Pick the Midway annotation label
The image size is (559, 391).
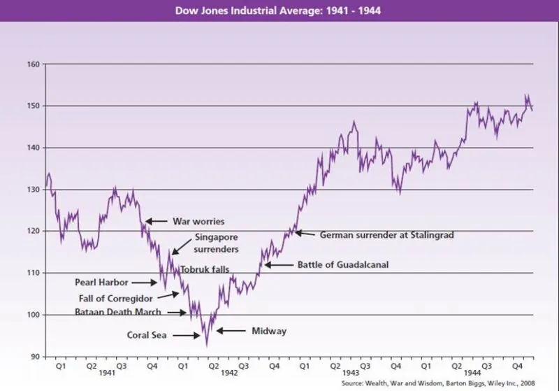269,331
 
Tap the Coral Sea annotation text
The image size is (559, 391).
147,335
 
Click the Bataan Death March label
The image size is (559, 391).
118,312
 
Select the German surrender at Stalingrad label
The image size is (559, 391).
386,235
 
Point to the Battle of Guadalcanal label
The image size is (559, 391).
342,265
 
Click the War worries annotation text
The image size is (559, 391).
198,222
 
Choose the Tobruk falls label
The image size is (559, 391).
205,269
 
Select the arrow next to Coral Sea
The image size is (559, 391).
186,335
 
